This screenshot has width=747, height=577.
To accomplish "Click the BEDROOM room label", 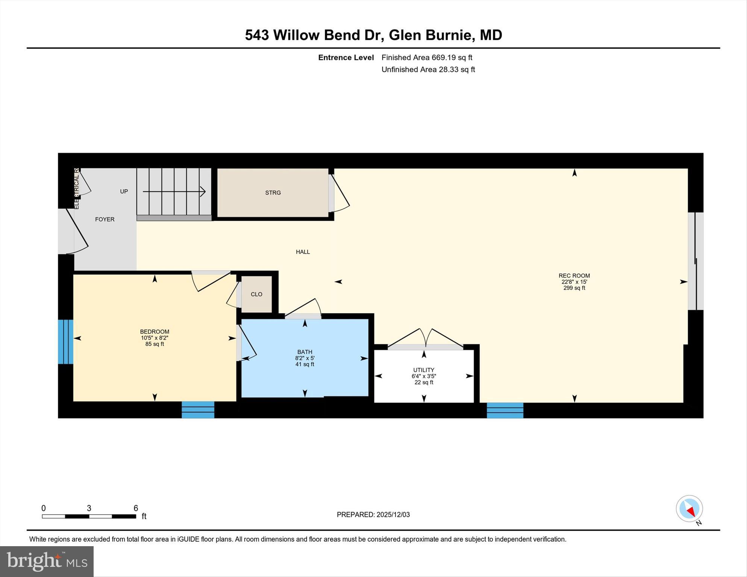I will coord(155,332).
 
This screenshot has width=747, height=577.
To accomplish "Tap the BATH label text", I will coord(305,352).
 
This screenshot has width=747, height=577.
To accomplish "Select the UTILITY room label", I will coord(424,370).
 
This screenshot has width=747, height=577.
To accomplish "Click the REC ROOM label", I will coord(574,276).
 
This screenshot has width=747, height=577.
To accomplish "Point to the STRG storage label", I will coord(273,193).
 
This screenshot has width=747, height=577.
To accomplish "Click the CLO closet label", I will coord(256,294).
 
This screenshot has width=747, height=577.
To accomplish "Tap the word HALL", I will coord(303,252).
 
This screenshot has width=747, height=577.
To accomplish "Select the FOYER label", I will coord(105,220).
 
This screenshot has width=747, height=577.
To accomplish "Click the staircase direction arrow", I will coord(174,192).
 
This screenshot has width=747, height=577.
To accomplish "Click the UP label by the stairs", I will coord(124,191).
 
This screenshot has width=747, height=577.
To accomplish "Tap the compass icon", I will coord(689,509).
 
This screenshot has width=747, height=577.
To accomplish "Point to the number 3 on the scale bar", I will coord(89,508).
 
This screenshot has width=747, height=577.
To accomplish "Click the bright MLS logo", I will coord(47,561).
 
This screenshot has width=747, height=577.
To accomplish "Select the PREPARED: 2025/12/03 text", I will coord(373,515).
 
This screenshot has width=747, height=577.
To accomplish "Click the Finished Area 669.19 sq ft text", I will coord(427,58).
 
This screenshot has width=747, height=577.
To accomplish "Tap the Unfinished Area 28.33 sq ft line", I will coord(428,70).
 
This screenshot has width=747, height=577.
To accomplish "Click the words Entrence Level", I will coord(346,58).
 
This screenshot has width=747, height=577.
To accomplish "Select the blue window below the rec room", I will coord(505,410).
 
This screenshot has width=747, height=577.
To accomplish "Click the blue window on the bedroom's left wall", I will coord(65,342).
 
